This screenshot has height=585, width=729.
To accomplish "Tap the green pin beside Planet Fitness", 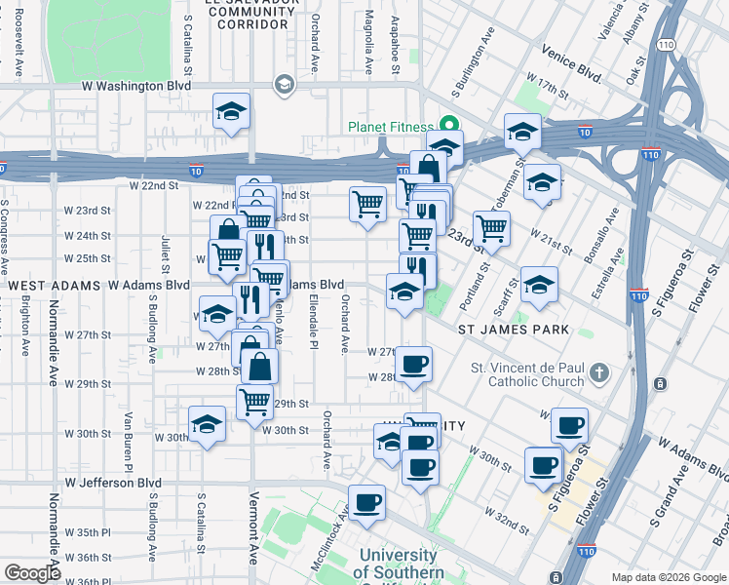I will tap(449, 125).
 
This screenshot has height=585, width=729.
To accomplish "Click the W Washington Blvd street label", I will tap(135, 86).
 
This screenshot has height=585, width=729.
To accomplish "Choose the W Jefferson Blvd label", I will tap(113, 482).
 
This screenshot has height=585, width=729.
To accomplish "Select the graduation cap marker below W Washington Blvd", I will tap(232, 112).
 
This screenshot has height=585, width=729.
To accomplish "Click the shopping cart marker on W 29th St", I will tap(254, 401).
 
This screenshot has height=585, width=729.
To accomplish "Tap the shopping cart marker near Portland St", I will tap(492, 229).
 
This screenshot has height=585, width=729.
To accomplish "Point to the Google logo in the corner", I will tap(32, 573).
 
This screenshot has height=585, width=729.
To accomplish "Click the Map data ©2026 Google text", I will tap(668, 577).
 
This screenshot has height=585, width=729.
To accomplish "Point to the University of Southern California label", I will tap(401, 564).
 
